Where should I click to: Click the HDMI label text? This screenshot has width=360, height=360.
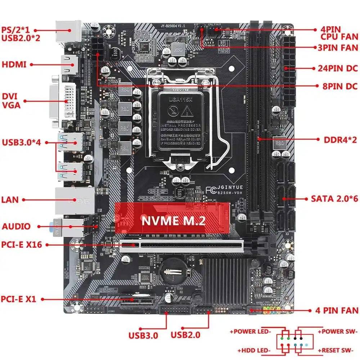[14, 65]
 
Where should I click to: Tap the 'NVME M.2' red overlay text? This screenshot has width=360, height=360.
[174, 220]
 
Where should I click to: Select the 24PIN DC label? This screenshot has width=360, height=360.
[337, 68]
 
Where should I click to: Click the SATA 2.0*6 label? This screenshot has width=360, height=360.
[334, 198]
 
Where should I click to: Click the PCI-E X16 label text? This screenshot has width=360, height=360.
[22, 245]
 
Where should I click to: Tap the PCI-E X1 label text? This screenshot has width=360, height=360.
[18, 299]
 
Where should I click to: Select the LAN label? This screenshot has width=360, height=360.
[10, 199]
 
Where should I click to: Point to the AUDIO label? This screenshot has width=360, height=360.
[16, 226]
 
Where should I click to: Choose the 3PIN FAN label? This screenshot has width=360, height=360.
[338, 48]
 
